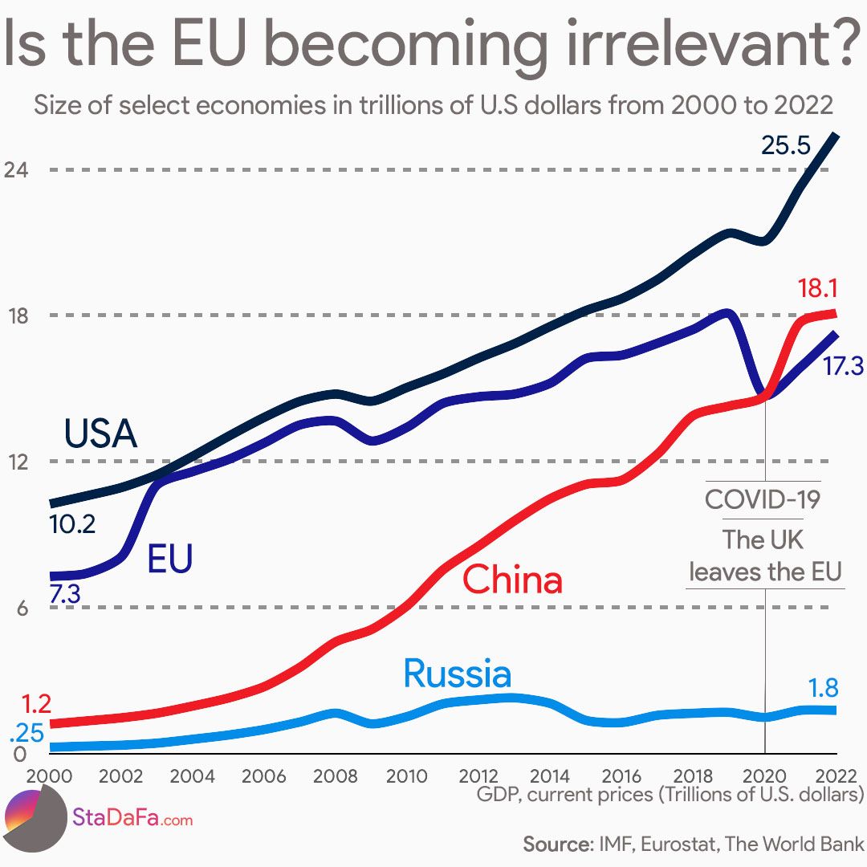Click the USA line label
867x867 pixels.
tap(101, 434)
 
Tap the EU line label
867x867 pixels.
tap(169, 560)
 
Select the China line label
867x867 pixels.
tap(513, 580)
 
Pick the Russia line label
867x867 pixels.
tap(457, 674)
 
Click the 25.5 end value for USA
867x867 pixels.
tap(786, 146)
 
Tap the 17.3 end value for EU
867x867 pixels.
tap(842, 367)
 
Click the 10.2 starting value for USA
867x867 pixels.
tap(72, 525)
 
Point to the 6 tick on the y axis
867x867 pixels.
tap(22, 609)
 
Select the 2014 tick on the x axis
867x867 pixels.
tap(550, 776)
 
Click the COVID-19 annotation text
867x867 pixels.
tap(763, 499)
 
